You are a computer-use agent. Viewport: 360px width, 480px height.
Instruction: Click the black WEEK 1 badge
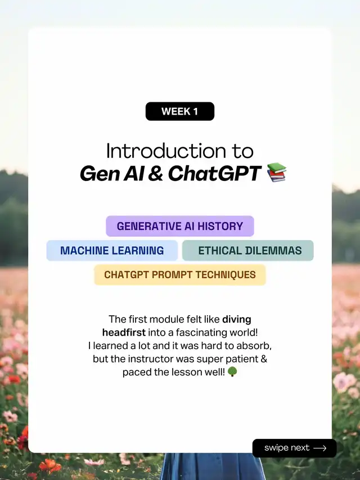pos(180,111)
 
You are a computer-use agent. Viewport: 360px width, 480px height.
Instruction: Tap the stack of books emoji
pos(277,173)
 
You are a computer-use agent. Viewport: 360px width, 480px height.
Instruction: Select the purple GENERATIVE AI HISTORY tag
pos(180,226)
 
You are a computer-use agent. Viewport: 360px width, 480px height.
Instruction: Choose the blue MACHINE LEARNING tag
pos(112,251)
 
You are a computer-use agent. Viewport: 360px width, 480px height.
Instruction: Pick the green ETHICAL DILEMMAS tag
pos(248,251)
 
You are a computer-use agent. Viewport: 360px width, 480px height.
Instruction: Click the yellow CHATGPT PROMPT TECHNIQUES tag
pos(180,275)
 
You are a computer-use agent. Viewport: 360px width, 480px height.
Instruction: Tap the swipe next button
pos(294,448)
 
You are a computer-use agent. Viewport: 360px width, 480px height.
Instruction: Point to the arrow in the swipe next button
pos(320,448)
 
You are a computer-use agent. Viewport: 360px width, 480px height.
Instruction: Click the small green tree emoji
pos(232,372)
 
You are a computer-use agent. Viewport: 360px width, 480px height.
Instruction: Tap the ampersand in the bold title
pos(156,174)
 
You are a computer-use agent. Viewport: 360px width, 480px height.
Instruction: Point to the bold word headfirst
pos(124,332)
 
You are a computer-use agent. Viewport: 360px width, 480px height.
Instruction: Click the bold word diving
pos(236,320)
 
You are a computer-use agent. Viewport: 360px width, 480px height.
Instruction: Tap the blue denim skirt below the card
pos(212,467)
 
